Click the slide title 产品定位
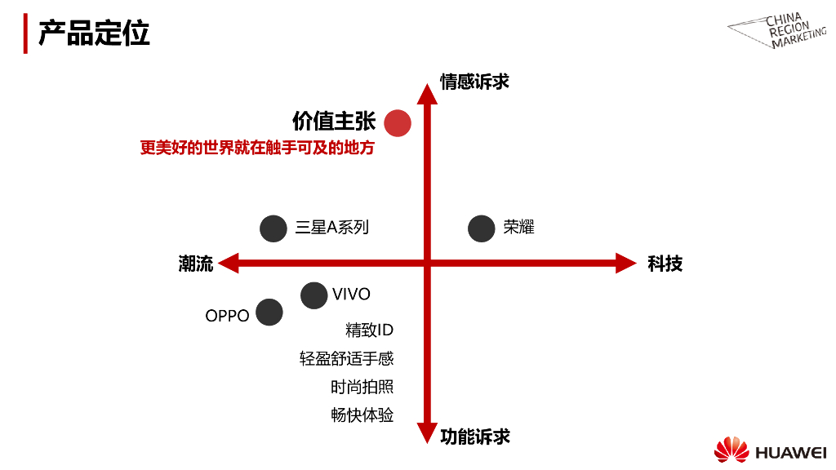94,34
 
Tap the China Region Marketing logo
776,31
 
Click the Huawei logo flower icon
731,450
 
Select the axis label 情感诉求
474,82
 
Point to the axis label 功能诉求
475,437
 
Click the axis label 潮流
196,264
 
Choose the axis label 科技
665,264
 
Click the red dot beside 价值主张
398,122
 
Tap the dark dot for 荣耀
482,228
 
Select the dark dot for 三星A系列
273,228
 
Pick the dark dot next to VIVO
313,295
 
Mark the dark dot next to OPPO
269,312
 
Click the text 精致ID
370,330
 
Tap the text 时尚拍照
362,387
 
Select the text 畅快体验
362,415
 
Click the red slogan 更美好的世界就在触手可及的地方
256,149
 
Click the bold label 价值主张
334,121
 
